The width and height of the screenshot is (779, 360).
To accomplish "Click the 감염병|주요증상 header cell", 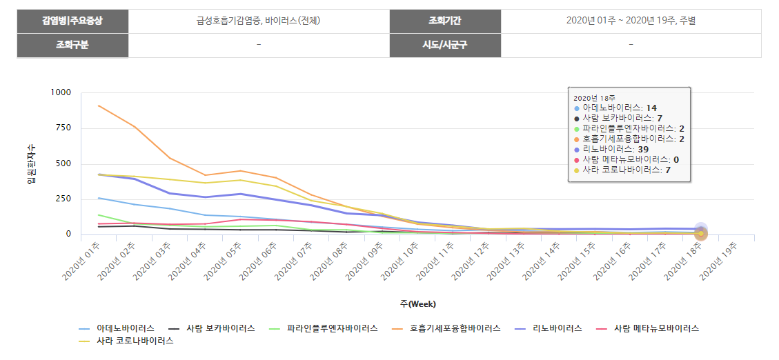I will pyautogui.click(x=72, y=21).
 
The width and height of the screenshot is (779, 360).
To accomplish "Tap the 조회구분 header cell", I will pyautogui.click(x=72, y=45).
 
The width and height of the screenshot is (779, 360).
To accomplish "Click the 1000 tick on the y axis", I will pyautogui.click(x=61, y=92).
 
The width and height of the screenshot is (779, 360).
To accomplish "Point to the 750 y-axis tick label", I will pyautogui.click(x=63, y=128).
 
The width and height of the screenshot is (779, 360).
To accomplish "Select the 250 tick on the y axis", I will pyautogui.click(x=63, y=199).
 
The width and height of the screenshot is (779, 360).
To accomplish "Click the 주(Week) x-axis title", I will pyautogui.click(x=417, y=304).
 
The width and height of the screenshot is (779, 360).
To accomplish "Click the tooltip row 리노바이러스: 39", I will pyautogui.click(x=615, y=149).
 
